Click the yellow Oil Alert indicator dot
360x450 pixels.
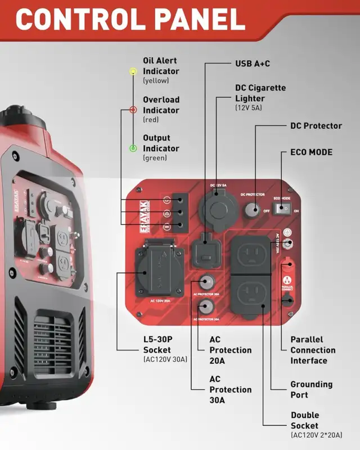[x=133, y=71]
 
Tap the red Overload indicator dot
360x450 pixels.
[x=133, y=110]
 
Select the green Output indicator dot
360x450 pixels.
[x=133, y=148]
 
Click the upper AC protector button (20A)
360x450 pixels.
[x=206, y=282]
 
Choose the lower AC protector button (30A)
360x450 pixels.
[x=206, y=306]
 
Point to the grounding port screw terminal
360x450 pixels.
[x=288, y=244]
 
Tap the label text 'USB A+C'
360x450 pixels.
[x=252, y=64]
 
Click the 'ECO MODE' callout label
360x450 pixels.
[x=311, y=152]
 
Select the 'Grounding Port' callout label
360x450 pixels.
[x=311, y=389]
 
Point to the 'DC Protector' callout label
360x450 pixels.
[x=316, y=126]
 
